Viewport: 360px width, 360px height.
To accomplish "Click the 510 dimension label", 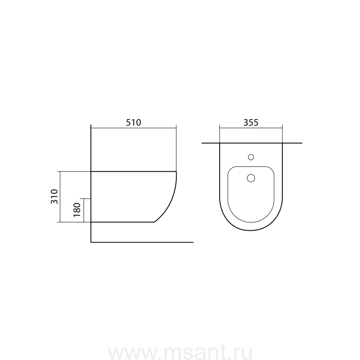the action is pos(133,122).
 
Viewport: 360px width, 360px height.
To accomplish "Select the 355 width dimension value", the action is pos(251,122).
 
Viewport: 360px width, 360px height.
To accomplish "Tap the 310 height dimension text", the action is pos(54,196).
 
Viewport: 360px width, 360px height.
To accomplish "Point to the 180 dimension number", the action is pos(77,210).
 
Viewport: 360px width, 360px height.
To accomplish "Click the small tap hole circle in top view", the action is pos(251,157).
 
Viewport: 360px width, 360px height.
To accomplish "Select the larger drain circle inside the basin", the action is pos(251,178).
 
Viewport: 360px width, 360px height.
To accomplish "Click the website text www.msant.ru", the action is pos(180,352).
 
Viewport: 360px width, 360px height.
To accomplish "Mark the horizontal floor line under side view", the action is pos(142,242).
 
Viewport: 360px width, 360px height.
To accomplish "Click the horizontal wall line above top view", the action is pos(252,143).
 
